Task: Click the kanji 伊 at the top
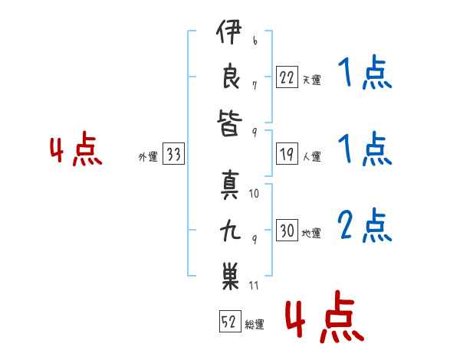pyautogui.click(x=229, y=31)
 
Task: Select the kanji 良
pyautogui.click(x=231, y=76)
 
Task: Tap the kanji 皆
pyautogui.click(x=230, y=123)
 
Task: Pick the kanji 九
pyautogui.click(x=230, y=231)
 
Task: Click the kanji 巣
pyautogui.click(x=230, y=277)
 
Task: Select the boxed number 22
pyautogui.click(x=287, y=77)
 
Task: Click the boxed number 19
pyautogui.click(x=287, y=154)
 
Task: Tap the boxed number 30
pyautogui.click(x=287, y=230)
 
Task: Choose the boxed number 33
pyautogui.click(x=173, y=153)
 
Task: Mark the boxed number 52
pyautogui.click(x=230, y=321)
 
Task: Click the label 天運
pyautogui.click(x=311, y=80)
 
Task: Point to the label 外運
pyautogui.click(x=148, y=157)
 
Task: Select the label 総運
pyautogui.click(x=255, y=325)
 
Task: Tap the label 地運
pyautogui.click(x=311, y=234)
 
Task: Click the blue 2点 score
pyautogui.click(x=365, y=225)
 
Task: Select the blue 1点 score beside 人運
pyautogui.click(x=365, y=149)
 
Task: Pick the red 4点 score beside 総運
pyautogui.click(x=325, y=316)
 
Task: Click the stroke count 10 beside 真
pyautogui.click(x=254, y=194)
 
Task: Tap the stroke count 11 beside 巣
pyautogui.click(x=254, y=286)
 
